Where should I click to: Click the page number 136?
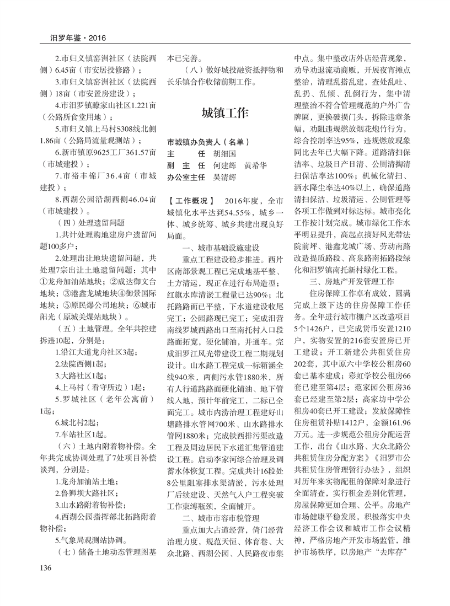[46, 583]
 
